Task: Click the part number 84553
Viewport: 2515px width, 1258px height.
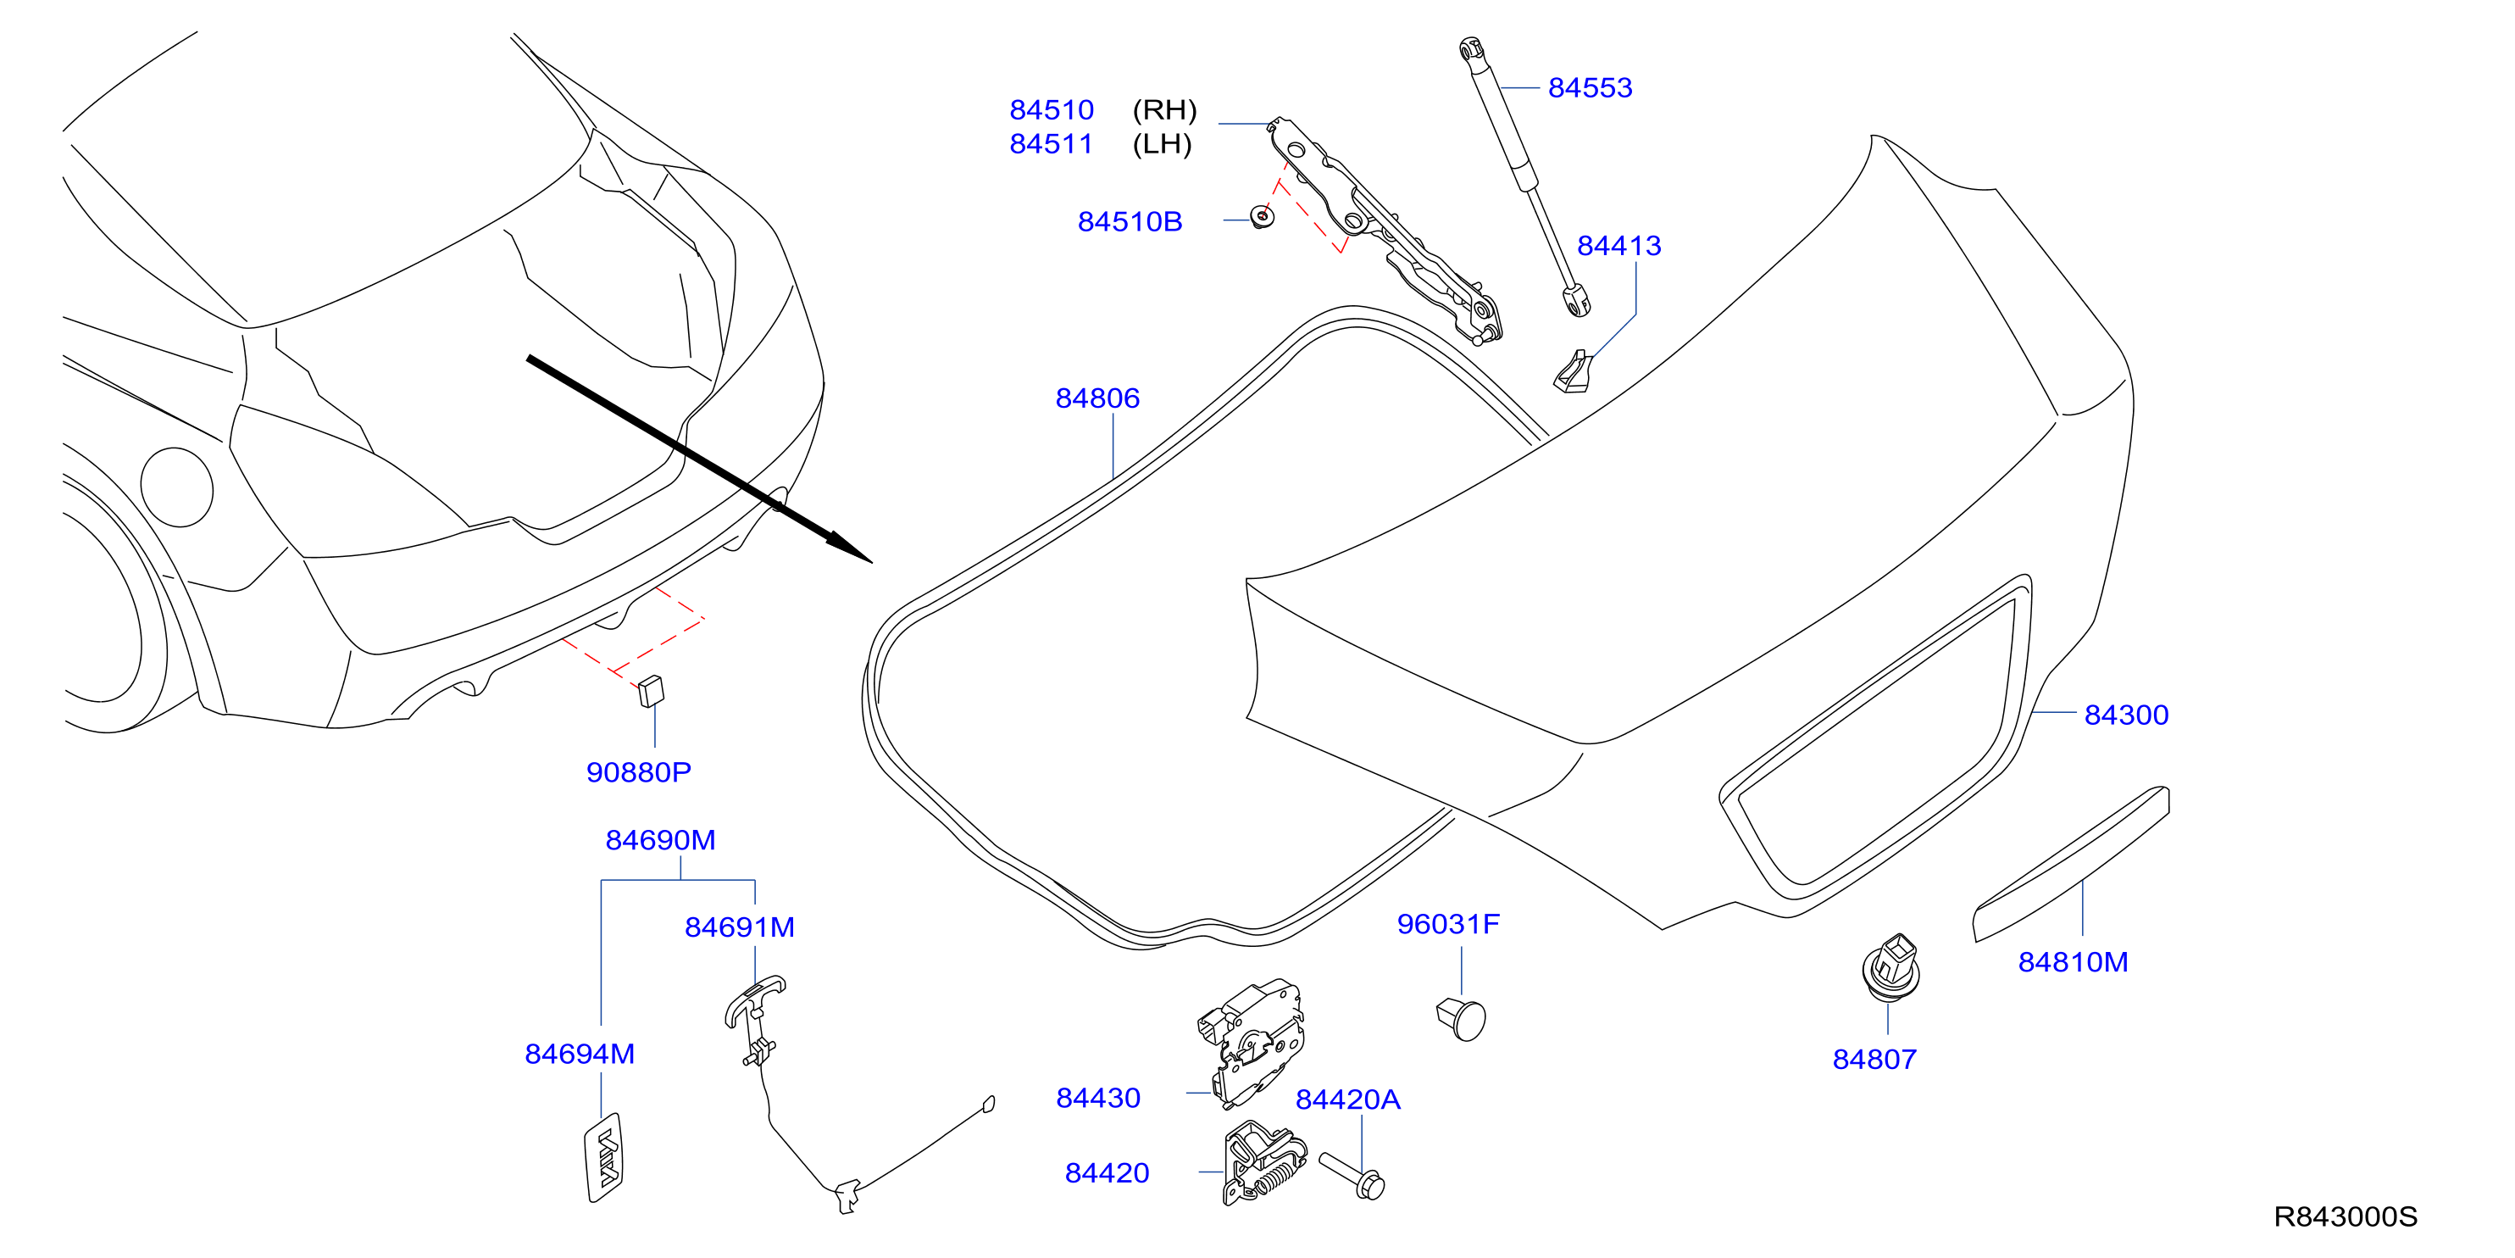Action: [x=1590, y=88]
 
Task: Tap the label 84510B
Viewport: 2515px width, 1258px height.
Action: [x=1130, y=222]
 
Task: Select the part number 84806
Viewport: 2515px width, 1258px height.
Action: [x=1097, y=398]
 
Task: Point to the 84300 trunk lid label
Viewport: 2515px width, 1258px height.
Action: [x=2126, y=715]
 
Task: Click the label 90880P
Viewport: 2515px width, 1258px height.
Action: [x=639, y=772]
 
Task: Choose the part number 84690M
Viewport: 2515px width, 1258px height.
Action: [x=661, y=840]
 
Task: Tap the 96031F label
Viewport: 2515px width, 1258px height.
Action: [x=1448, y=924]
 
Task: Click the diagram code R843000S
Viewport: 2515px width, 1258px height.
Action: [x=2346, y=1217]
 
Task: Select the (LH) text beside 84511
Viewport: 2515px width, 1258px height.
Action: [x=1162, y=145]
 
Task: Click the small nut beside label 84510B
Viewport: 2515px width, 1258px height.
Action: [x=1263, y=217]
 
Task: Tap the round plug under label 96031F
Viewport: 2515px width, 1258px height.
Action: [x=1462, y=1019]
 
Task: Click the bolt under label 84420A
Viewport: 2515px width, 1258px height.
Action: [x=1352, y=1175]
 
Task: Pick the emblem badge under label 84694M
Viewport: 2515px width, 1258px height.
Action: [x=604, y=1157]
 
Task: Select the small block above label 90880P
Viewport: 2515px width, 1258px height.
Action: [x=651, y=691]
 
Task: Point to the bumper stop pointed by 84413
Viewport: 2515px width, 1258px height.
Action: [x=1572, y=372]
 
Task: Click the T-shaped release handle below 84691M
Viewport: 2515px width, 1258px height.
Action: [x=753, y=1021]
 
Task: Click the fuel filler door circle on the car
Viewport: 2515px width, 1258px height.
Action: [x=177, y=487]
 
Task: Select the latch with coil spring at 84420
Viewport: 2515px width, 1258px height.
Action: [x=1264, y=1163]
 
